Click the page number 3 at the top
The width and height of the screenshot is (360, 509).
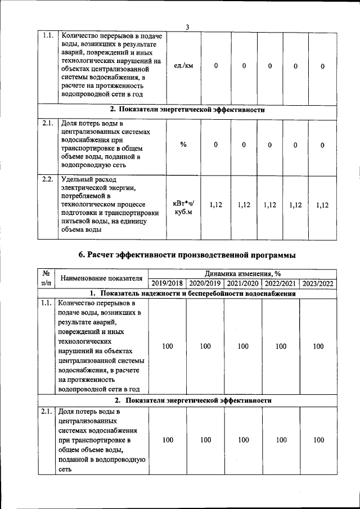(x=187, y=28)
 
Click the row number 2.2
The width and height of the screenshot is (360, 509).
(x=47, y=180)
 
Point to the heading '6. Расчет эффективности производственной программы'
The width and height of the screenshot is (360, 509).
(x=187, y=255)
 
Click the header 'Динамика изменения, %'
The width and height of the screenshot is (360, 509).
(x=242, y=273)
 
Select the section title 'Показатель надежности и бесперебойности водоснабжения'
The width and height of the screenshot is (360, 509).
(x=193, y=294)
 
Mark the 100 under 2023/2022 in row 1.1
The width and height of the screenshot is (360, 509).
(x=318, y=346)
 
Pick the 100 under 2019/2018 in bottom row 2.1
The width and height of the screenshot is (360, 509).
(x=167, y=440)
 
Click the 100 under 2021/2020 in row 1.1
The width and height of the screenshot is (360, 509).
(x=243, y=346)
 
